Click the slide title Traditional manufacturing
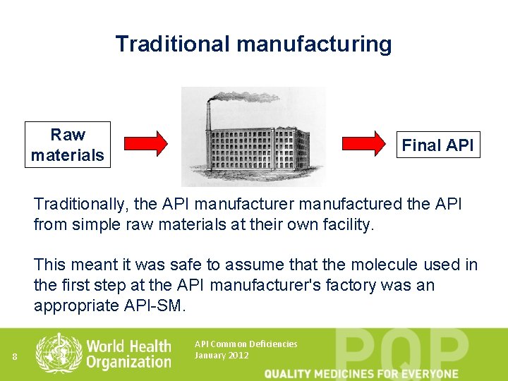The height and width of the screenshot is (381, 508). [253, 44]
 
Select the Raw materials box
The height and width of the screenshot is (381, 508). [68, 145]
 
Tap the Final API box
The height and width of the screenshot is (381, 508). [438, 145]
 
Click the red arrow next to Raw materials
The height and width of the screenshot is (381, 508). [146, 144]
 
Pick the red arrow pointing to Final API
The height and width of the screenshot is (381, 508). [365, 144]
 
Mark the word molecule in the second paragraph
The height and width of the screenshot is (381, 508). [382, 265]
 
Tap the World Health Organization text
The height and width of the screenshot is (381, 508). [128, 353]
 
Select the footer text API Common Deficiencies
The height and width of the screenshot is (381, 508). [246, 344]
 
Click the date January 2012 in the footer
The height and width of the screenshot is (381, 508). [221, 355]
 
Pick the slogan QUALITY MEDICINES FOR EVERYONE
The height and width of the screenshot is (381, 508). [361, 373]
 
